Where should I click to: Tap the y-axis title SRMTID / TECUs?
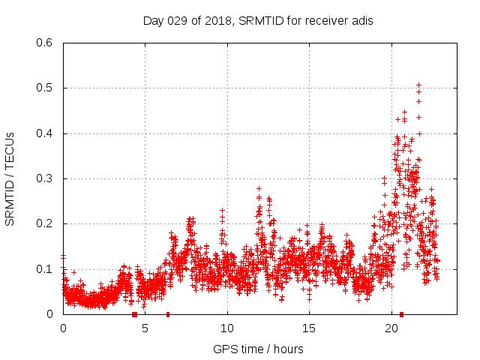pos(10,178)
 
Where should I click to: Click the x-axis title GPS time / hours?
pos(258,348)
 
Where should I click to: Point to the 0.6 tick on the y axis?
pos(46,43)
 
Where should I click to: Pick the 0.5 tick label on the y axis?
pos(46,88)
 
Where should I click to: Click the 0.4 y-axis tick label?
pos(46,133)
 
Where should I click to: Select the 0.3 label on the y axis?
pos(46,178)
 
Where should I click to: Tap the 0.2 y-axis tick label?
pos(46,223)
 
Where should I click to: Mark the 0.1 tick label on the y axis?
pos(46,268)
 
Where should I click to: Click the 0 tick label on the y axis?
pos(52,314)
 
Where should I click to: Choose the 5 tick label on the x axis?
pos(145,328)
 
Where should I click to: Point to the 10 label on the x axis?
pos(227,328)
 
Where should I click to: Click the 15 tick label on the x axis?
pos(309,328)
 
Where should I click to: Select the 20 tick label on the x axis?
pos(391,328)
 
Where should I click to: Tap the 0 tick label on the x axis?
pos(63,328)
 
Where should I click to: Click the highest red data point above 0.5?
pos(418,85)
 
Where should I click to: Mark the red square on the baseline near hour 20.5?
pos(402,314)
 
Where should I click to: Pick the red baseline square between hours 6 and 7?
pos(168,314)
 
